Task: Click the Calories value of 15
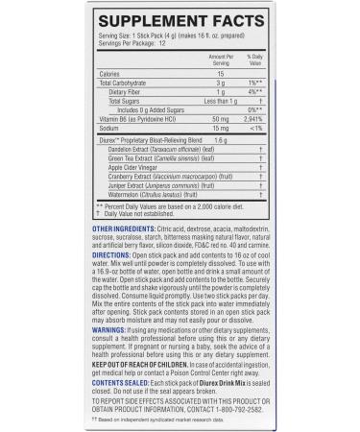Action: point(220,74)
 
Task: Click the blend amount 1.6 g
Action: point(220,141)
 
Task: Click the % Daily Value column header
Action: point(254,60)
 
